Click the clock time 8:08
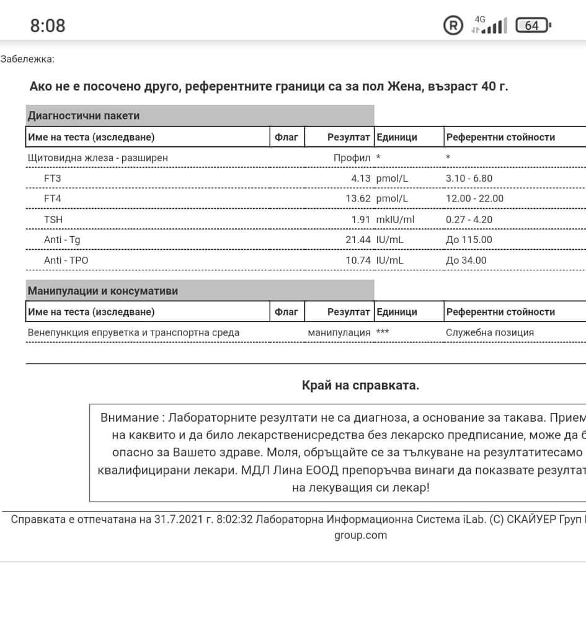48,25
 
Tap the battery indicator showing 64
533,25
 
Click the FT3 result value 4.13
360,179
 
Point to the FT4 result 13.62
358,199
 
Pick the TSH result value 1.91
360,220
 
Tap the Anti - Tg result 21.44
358,240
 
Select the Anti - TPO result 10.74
358,260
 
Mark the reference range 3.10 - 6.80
469,179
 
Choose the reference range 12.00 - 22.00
474,199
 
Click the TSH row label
53,220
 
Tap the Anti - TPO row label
66,260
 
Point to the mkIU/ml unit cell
395,220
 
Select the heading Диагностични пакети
84,115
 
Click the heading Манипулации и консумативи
103,291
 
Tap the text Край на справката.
360,386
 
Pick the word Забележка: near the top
27,60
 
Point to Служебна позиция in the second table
489,332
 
